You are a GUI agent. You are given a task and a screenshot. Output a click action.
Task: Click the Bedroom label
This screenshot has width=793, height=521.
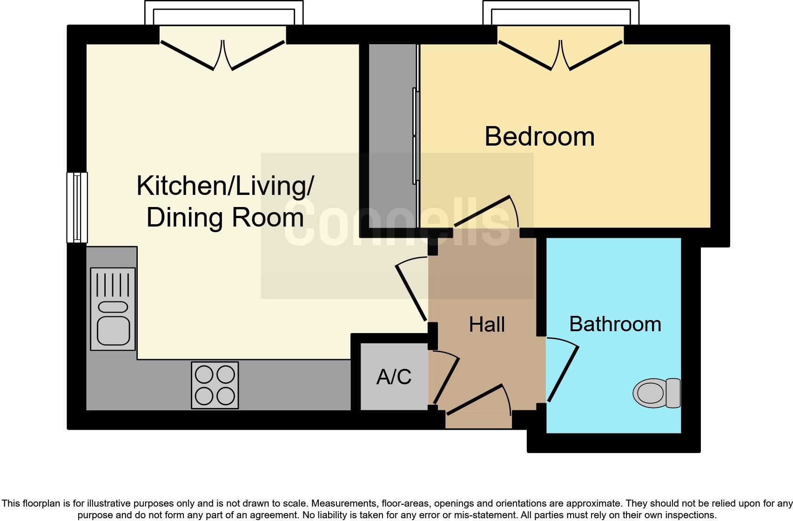tap(539, 137)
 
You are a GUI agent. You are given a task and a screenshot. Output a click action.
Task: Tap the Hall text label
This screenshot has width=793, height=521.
tap(487, 325)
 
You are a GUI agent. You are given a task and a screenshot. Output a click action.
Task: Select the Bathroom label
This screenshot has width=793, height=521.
tap(615, 324)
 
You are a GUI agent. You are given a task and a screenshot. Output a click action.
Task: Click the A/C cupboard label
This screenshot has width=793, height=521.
tap(394, 377)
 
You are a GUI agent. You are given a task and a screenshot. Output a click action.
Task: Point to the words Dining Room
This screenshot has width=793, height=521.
tap(225, 217)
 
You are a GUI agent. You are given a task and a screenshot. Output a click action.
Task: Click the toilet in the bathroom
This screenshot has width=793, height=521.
tap(657, 393)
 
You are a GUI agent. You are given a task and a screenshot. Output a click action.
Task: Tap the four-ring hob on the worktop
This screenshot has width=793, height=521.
tap(215, 385)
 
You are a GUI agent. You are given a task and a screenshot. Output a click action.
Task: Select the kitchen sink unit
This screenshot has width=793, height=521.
tap(113, 309)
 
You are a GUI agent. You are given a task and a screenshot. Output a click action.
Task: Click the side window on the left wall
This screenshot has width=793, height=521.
tap(77, 207)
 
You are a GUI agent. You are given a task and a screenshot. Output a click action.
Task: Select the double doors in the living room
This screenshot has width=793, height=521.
tap(222, 55)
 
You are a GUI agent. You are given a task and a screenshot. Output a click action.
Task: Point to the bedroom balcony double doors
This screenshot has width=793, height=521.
tap(560, 55)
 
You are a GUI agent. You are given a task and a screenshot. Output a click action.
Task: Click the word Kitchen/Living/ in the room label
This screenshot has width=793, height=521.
tap(225, 186)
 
